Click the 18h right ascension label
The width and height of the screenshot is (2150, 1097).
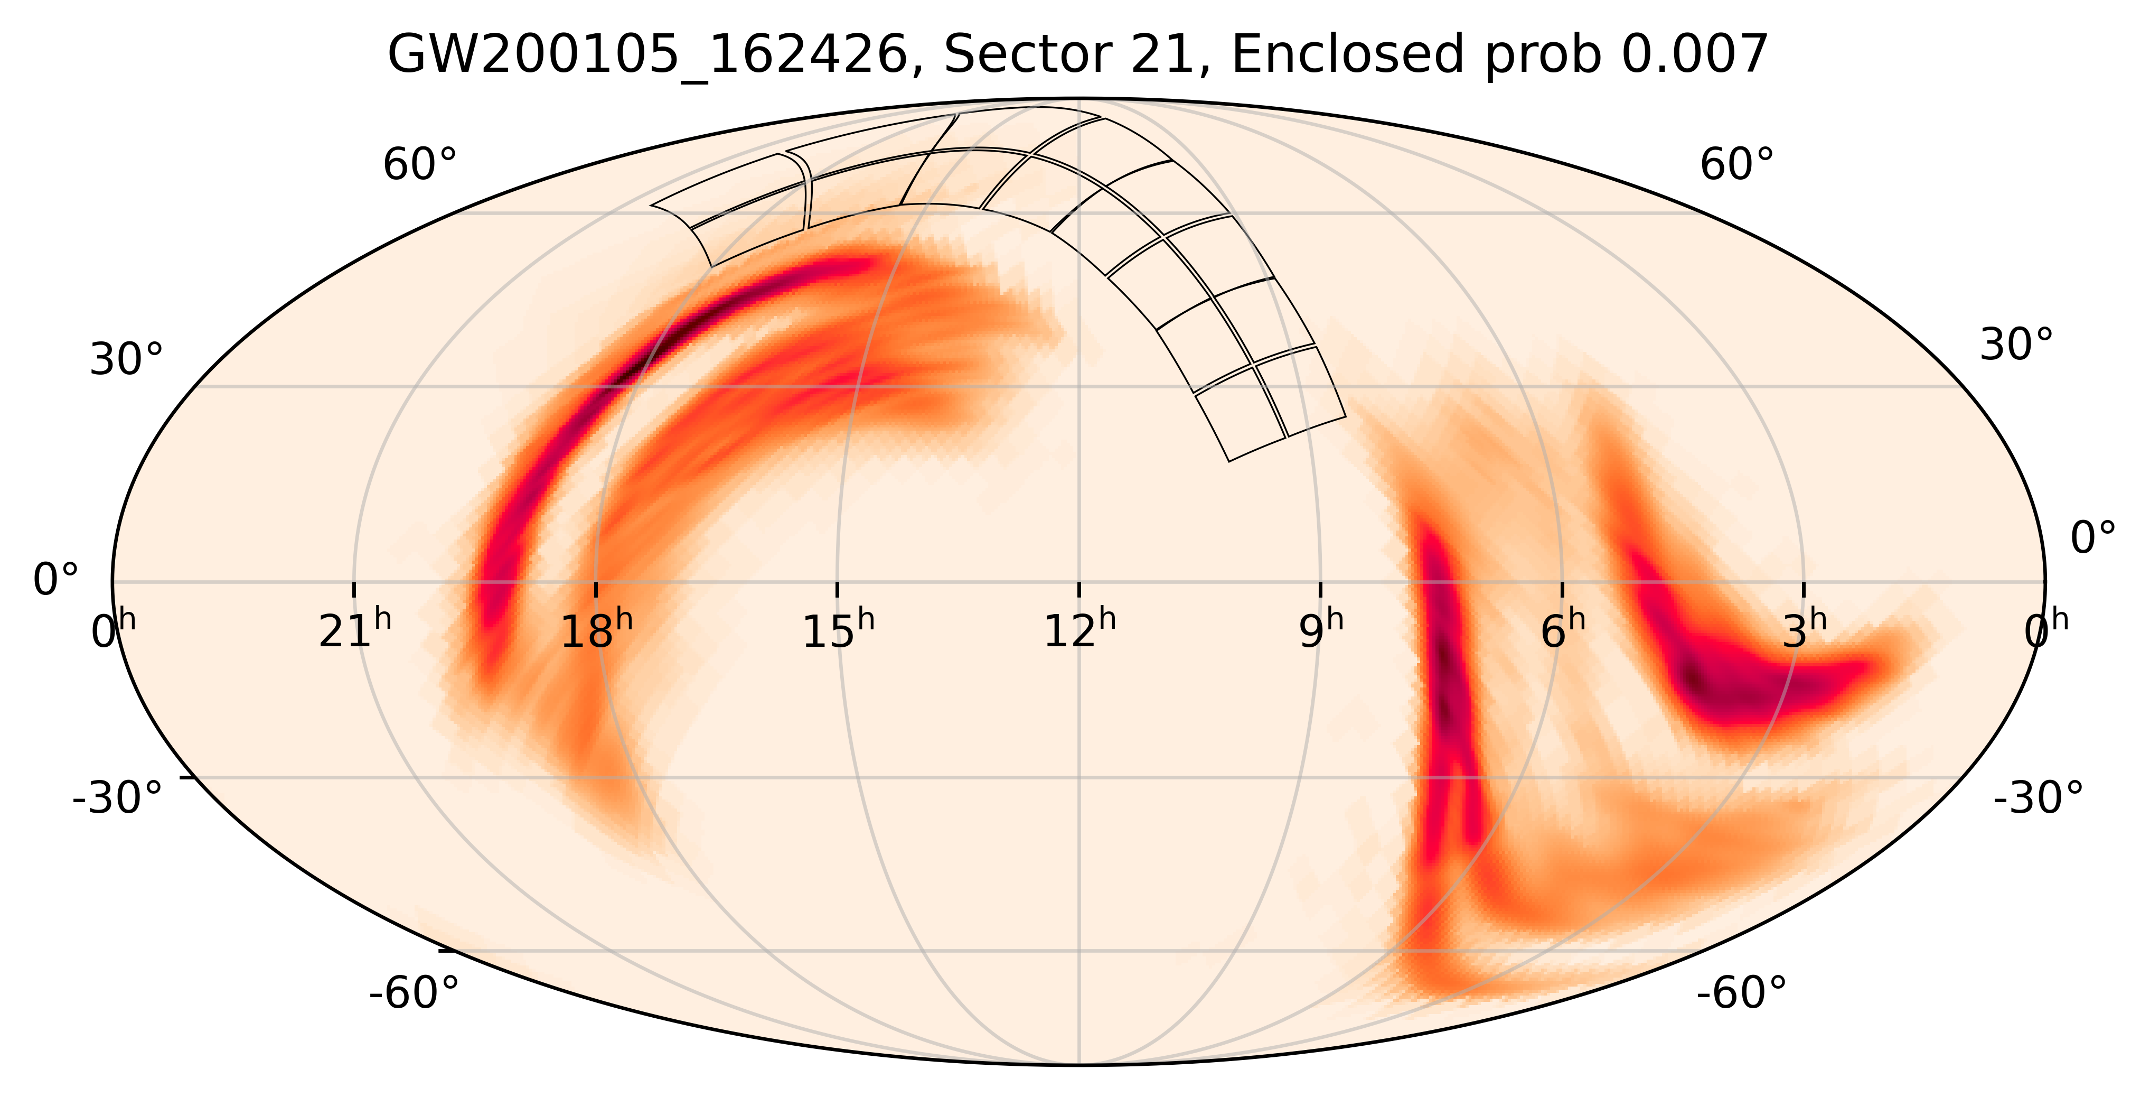[x=596, y=630]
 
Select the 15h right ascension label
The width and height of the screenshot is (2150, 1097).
[x=838, y=630]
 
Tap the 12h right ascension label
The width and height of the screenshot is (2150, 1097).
[x=1079, y=630]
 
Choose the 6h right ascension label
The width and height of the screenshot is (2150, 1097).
[x=1562, y=630]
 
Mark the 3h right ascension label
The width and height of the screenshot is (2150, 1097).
[x=1805, y=630]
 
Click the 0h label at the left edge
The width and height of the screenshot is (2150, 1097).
[x=112, y=630]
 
